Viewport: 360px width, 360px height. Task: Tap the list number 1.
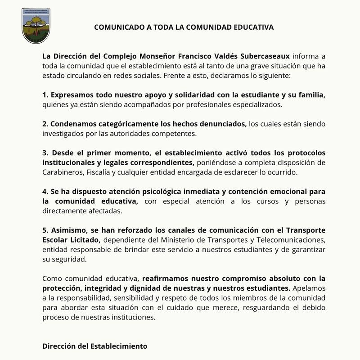pos(45,95)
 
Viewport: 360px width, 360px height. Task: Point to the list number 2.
pos(45,124)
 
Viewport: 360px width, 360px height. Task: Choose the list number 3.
pos(45,153)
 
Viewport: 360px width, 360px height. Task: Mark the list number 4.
pos(45,192)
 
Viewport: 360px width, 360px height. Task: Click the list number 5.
pos(45,230)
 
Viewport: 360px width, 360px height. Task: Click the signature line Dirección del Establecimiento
pos(95,346)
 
